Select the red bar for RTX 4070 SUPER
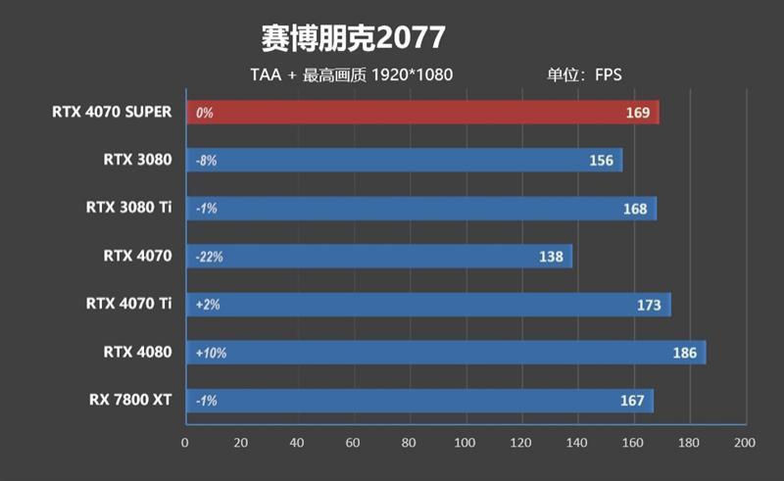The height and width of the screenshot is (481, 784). [421, 113]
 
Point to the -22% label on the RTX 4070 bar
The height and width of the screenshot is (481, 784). [210, 257]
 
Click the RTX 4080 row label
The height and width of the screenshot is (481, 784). [137, 352]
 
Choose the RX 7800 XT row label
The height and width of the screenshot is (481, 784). [130, 400]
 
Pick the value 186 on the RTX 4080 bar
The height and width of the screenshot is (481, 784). [685, 353]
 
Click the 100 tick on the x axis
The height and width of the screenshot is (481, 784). [465, 443]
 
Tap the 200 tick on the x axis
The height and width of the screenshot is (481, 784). [745, 443]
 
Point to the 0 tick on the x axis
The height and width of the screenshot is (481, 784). [185, 443]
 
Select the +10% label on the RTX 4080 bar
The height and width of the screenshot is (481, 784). [211, 353]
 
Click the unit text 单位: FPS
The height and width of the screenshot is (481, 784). [585, 75]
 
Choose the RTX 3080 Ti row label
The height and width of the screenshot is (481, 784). [128, 208]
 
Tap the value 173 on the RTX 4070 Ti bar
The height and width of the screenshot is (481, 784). [649, 305]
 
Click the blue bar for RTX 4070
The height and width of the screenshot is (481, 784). [378, 257]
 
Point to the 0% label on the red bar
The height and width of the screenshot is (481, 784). [204, 113]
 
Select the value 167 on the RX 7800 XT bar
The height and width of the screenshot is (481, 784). [632, 401]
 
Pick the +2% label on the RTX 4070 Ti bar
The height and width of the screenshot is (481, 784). [207, 305]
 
